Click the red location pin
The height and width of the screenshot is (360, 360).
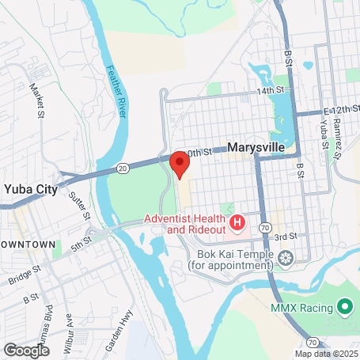[x=180, y=165]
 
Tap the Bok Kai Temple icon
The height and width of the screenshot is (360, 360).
[x=284, y=256]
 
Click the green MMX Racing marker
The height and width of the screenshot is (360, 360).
[x=344, y=305]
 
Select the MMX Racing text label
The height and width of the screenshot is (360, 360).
[x=303, y=306]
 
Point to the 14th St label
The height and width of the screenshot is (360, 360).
[x=269, y=92]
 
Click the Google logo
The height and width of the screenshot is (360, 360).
[x=27, y=350]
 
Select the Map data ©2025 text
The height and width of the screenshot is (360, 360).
[x=327, y=354]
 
